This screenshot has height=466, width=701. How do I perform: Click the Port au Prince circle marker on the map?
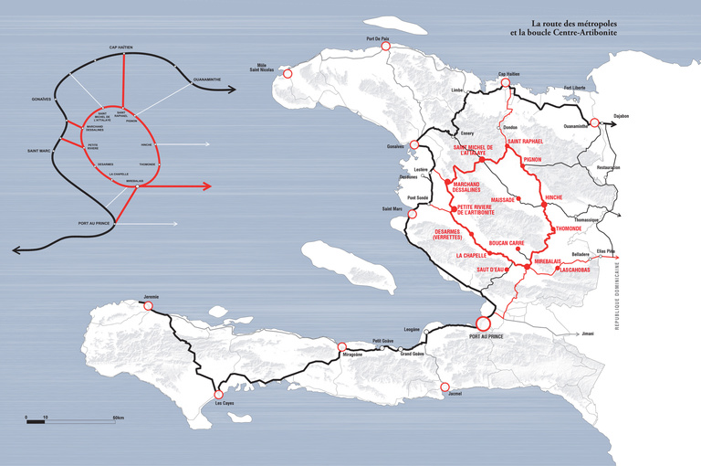point(484,323)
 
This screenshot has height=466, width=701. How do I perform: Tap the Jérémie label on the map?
point(152,298)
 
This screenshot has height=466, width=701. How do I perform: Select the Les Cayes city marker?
point(217,391)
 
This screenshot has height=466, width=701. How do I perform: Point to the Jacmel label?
point(455,394)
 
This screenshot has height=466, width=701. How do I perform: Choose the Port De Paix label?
point(377,38)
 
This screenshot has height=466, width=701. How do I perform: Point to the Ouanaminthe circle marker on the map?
point(594,122)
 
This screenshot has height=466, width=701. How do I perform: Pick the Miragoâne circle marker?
point(342,347)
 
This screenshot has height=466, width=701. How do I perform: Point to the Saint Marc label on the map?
point(392,209)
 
